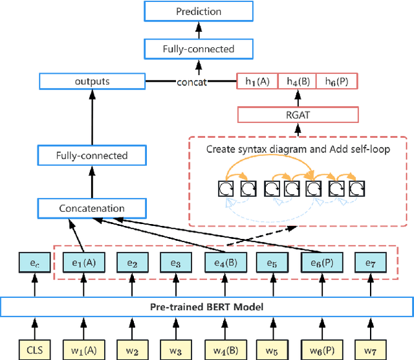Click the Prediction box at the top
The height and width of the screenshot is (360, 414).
click(x=199, y=12)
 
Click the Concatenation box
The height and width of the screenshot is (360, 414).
click(x=91, y=208)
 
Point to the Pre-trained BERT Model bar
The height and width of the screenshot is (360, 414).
click(x=206, y=305)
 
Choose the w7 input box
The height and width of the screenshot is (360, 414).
click(x=370, y=350)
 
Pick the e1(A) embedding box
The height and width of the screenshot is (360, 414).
click(x=83, y=264)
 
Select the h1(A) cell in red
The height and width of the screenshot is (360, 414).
click(x=257, y=82)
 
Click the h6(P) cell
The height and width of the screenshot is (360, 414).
click(x=336, y=82)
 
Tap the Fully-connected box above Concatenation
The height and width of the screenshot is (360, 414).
click(x=91, y=155)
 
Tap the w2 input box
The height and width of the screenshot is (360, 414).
click(x=132, y=350)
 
